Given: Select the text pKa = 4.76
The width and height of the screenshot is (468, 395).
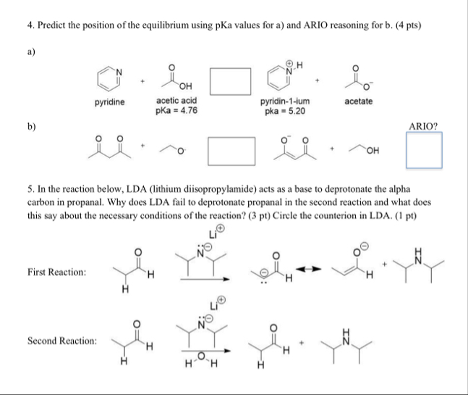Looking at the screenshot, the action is (x=177, y=111).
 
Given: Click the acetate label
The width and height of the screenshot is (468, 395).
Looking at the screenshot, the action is (x=359, y=101).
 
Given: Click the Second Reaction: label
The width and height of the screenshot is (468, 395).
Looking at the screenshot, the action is (x=61, y=340).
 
